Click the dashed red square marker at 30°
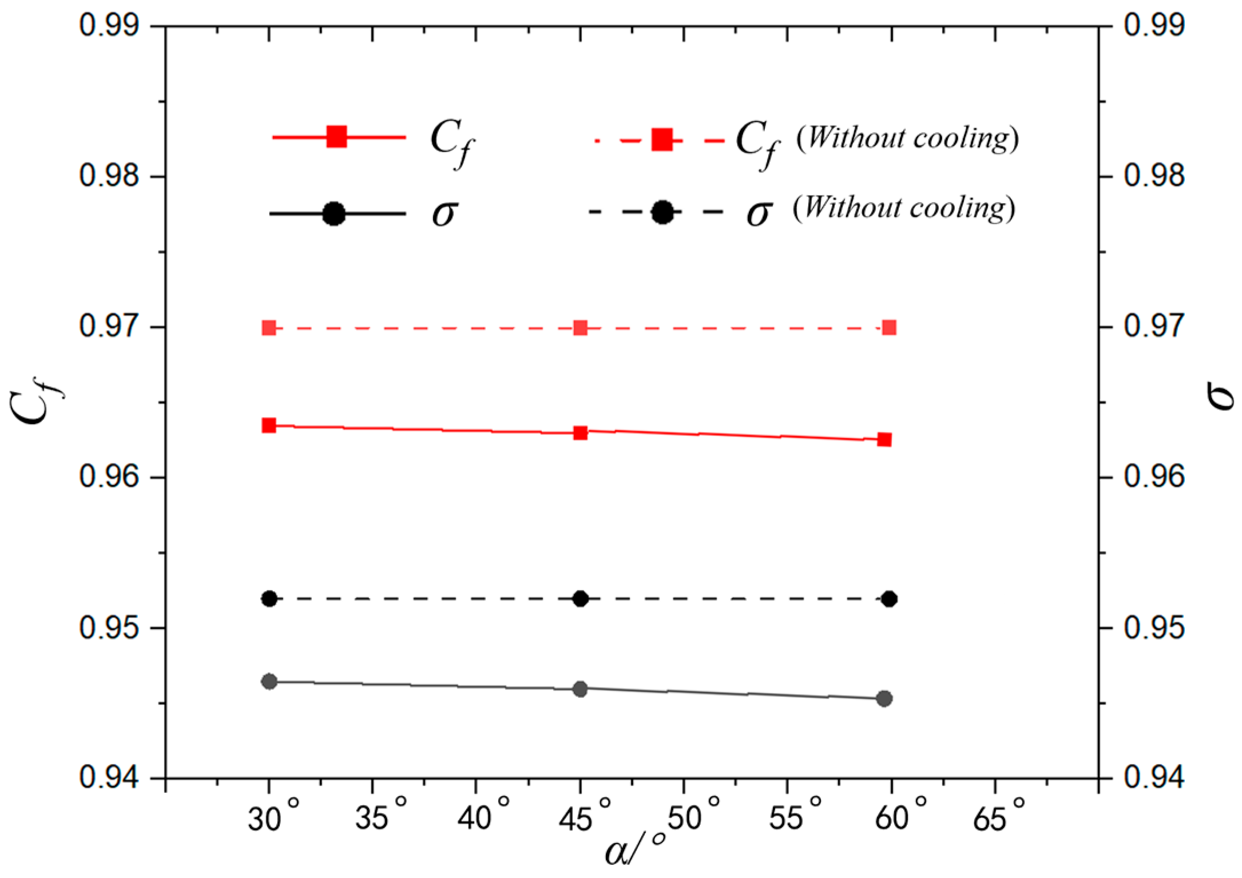(269, 328)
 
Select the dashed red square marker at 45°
(581, 328)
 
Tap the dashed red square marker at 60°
(889, 327)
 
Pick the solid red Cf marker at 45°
(581, 432)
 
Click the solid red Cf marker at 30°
(269, 425)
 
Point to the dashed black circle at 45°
(581, 599)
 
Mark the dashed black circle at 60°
(889, 599)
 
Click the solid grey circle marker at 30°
(269, 681)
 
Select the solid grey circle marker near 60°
(884, 698)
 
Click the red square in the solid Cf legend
(337, 137)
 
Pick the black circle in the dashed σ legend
(662, 212)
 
